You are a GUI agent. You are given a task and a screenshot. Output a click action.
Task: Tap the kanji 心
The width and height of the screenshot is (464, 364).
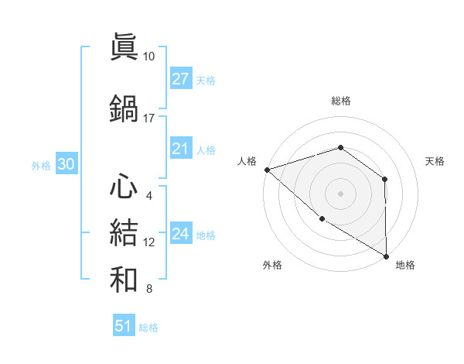click(124, 186)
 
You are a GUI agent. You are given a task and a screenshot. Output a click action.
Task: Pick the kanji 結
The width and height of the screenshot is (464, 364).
click(124, 231)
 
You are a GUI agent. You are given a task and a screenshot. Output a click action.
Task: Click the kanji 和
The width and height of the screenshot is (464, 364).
click(124, 277)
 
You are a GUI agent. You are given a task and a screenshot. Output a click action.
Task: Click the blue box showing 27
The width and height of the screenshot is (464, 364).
click(180, 79)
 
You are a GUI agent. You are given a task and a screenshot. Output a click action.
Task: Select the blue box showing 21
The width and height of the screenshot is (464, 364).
click(180, 149)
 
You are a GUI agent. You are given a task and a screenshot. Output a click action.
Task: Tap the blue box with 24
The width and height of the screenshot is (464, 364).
click(180, 234)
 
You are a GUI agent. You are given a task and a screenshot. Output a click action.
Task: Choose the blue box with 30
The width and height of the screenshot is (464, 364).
click(66, 164)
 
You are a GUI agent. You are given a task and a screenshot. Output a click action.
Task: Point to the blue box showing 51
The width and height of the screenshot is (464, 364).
click(124, 326)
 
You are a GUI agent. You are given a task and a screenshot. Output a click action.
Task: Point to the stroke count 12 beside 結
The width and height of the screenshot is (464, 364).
click(149, 242)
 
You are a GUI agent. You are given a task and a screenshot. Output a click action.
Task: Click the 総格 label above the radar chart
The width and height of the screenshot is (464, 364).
click(340, 101)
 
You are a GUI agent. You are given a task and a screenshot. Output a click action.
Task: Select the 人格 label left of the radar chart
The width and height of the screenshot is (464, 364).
click(247, 161)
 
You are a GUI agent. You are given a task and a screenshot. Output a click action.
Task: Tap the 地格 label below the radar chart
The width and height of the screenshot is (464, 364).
click(405, 265)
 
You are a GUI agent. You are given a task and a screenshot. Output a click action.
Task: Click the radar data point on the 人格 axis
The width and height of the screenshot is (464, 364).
click(267, 169)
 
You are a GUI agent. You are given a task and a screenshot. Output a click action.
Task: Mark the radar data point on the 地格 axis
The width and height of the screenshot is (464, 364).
click(386, 256)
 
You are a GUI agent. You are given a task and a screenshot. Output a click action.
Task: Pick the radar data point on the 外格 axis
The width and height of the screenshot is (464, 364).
click(322, 218)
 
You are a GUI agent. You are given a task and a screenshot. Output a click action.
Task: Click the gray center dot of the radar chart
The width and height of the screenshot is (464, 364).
click(340, 193)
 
